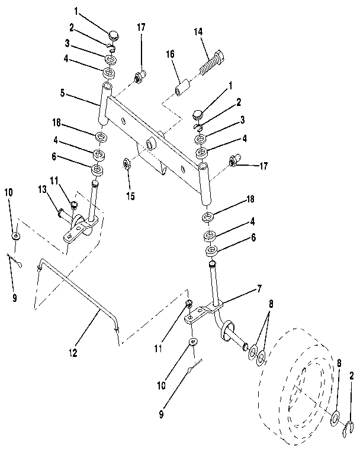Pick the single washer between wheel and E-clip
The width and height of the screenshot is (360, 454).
(335, 418)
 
